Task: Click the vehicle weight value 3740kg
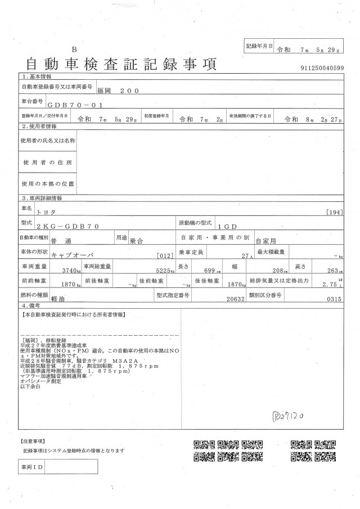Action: pyautogui.click(x=69, y=270)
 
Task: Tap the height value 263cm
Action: pyautogui.click(x=333, y=269)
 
